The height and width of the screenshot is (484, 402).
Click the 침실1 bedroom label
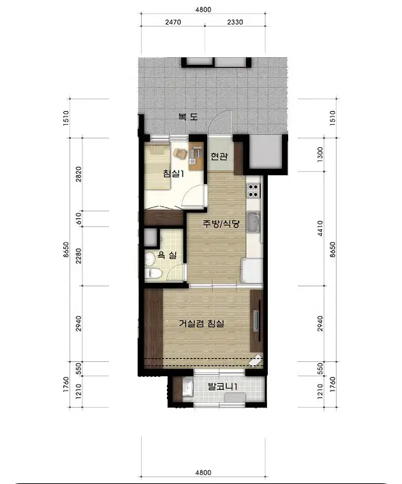pyautogui.click(x=173, y=173)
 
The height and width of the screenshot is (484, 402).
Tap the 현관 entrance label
pyautogui.click(x=219, y=156)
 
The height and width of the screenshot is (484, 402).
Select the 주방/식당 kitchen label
pyautogui.click(x=221, y=223)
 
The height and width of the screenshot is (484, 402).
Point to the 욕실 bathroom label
pyautogui.click(x=167, y=255)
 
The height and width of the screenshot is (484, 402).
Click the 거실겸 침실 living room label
pyautogui.click(x=202, y=324)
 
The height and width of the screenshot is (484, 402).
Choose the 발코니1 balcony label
pyautogui.click(x=222, y=386)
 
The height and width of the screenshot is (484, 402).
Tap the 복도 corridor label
pyautogui.click(x=188, y=117)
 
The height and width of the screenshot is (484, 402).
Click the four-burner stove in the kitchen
pyautogui.click(x=253, y=190)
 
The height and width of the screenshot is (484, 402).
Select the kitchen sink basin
pyautogui.click(x=254, y=222)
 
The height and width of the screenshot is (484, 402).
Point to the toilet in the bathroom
pyautogui.click(x=153, y=273)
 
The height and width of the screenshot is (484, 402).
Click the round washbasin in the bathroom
pyautogui.click(x=150, y=258)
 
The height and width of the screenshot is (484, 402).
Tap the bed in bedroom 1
pyautogui.click(x=157, y=168)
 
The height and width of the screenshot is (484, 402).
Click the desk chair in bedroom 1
pyautogui.click(x=180, y=153)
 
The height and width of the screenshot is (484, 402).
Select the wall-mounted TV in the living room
pyautogui.click(x=256, y=321)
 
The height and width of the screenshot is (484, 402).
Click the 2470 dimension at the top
pyautogui.click(x=173, y=22)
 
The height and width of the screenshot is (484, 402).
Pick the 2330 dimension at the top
pyautogui.click(x=235, y=22)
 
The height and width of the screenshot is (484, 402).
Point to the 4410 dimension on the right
pyautogui.click(x=320, y=228)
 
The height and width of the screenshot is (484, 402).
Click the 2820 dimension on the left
pyautogui.click(x=78, y=174)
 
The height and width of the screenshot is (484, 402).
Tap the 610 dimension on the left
pyautogui.click(x=78, y=219)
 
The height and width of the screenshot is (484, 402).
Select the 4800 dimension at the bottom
pyautogui.click(x=203, y=472)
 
